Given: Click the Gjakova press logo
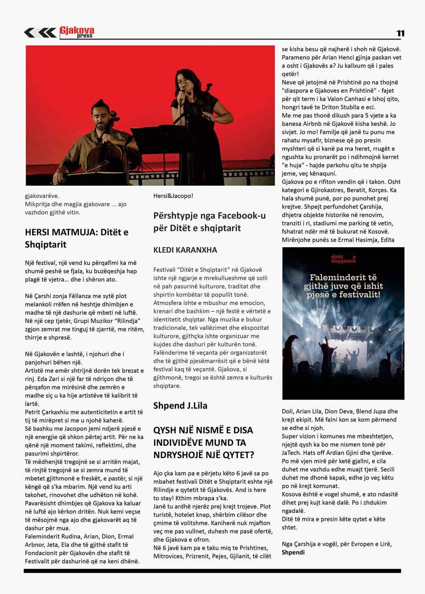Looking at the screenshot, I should coord(77,32).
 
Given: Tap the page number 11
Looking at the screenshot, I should coord(400,34).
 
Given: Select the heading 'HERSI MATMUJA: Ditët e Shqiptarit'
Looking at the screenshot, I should coord(77,238).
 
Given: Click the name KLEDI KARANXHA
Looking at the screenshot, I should coord(185,250).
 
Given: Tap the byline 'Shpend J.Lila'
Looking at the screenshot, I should coord(180,406).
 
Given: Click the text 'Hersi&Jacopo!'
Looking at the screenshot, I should coord(173,196).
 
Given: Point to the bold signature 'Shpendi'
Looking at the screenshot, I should coord(293,552).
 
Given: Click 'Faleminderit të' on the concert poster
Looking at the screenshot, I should coord(343,277).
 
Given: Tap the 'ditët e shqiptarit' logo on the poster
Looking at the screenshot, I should coord(343,259).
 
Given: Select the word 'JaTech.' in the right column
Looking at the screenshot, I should coord(293,453).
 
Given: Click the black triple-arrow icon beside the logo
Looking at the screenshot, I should coord(40,33).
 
